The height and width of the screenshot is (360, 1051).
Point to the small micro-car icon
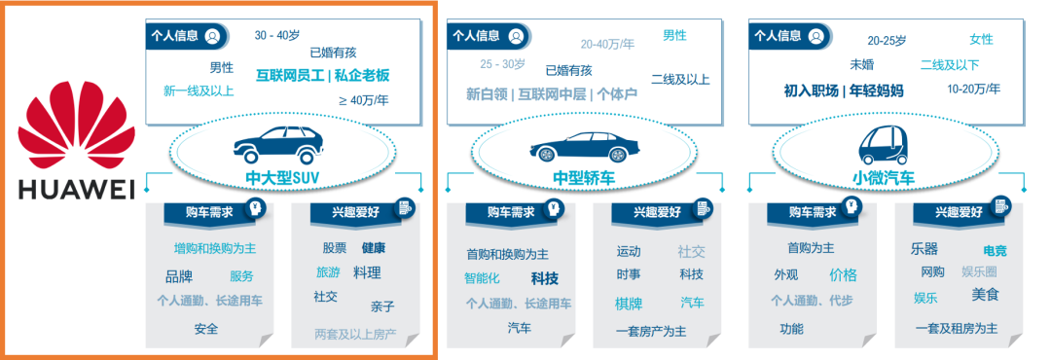tap(884, 145)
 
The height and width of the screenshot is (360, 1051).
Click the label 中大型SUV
tap(282, 177)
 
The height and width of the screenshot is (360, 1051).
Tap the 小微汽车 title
tap(885, 177)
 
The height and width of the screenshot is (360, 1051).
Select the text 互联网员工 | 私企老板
tap(322, 75)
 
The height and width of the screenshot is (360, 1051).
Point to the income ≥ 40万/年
tap(362, 100)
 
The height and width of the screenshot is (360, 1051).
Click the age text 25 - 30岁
tap(503, 65)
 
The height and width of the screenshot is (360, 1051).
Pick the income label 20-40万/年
tap(607, 45)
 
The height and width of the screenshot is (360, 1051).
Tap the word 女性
tap(981, 40)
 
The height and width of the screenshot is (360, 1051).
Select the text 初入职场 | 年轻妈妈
tap(843, 90)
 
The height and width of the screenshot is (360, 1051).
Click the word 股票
tap(335, 248)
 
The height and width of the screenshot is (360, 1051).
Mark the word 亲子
tap(382, 306)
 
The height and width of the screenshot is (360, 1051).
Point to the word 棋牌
tap(629, 304)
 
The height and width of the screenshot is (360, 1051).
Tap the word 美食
tap(985, 294)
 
